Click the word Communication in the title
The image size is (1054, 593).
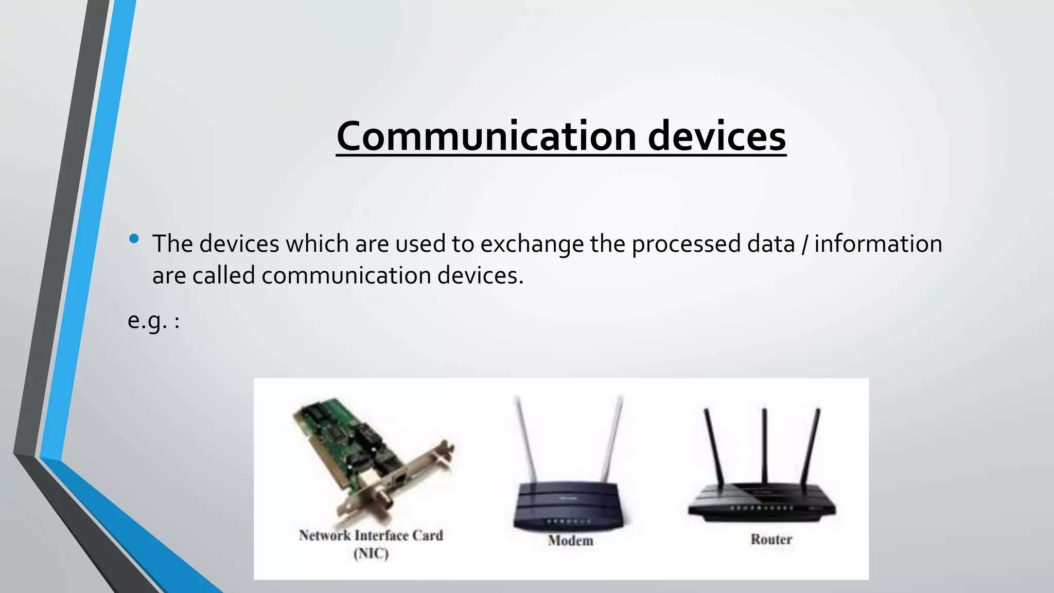click(486, 136)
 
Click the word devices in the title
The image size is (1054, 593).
click(716, 136)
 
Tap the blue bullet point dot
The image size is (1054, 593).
click(134, 238)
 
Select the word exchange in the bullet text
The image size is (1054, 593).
click(532, 244)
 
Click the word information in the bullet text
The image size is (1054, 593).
click(878, 244)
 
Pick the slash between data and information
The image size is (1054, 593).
click(804, 244)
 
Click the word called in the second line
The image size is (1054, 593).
click(223, 275)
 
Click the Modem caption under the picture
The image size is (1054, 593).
click(570, 540)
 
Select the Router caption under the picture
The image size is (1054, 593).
click(771, 539)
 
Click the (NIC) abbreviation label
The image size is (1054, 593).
click(371, 554)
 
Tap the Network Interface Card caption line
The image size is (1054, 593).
click(371, 535)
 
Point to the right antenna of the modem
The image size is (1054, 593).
click(612, 438)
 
